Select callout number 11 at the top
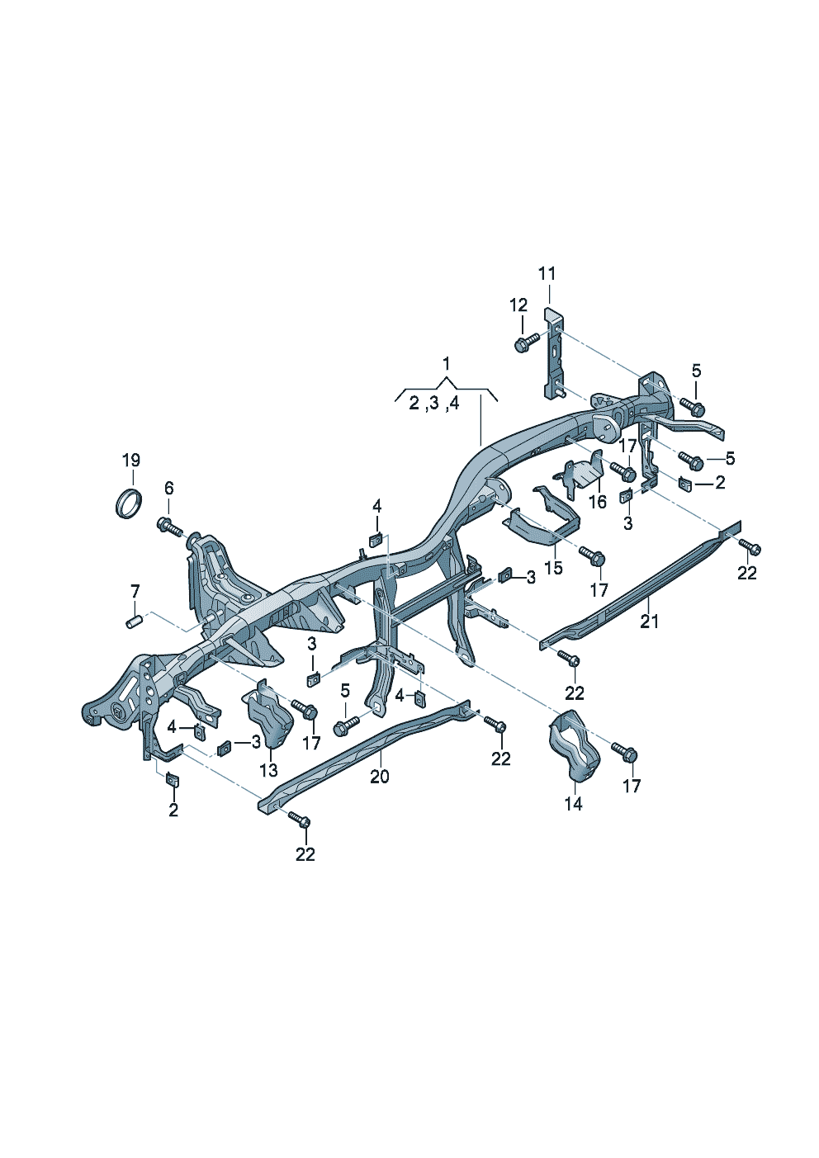(547, 273)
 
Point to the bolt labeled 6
(168, 525)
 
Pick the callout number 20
(379, 777)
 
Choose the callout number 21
(650, 622)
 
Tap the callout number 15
(553, 568)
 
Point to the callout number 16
(597, 501)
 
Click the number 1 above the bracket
(447, 363)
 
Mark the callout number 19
(131, 460)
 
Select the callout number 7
(135, 591)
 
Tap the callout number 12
(518, 305)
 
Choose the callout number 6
(168, 487)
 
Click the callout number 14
(573, 803)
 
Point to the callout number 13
(269, 770)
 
